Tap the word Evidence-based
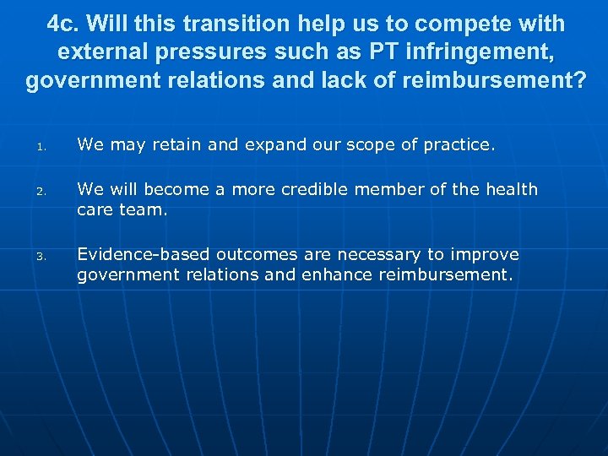click(x=144, y=254)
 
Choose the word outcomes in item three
click(x=256, y=254)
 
